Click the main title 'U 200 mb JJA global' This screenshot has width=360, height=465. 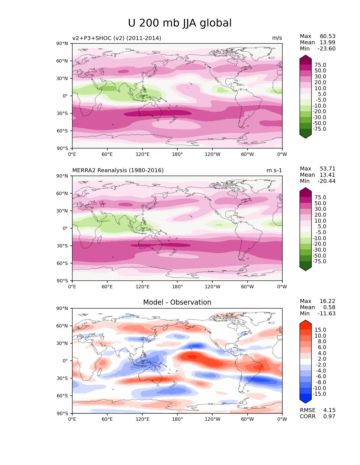click(180, 23)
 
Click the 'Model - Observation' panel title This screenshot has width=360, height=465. click(177, 302)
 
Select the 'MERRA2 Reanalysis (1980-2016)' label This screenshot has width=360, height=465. click(118, 170)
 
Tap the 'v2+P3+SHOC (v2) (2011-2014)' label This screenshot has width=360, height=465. click(117, 38)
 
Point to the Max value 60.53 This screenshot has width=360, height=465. click(328, 36)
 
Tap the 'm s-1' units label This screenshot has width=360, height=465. click(274, 170)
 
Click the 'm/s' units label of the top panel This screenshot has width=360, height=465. click(277, 38)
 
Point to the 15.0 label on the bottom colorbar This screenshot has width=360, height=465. click(320, 330)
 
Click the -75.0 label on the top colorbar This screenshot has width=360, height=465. click(319, 129)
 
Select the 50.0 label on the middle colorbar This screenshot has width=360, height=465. click(320, 203)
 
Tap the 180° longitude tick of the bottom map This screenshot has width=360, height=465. click(177, 419)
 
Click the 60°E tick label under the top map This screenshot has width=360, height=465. click(107, 154)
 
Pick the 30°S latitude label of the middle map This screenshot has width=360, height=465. click(62, 246)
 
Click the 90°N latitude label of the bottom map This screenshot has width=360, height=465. click(62, 308)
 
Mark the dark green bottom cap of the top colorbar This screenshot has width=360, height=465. click(305, 136)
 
